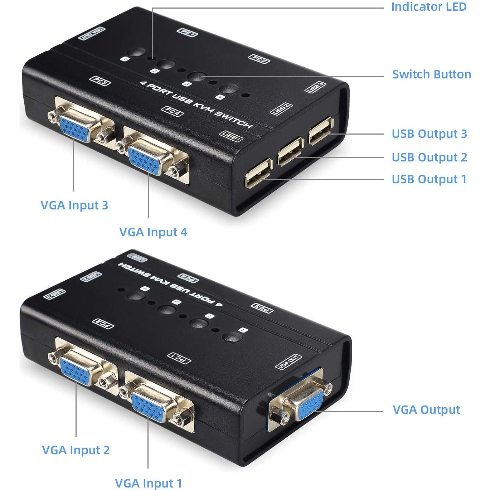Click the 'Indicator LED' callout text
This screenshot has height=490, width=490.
[428, 7]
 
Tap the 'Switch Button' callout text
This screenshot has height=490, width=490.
[431, 74]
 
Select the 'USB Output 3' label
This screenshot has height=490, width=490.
[429, 134]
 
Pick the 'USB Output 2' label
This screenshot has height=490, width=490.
[429, 157]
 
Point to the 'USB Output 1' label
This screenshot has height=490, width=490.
[429, 179]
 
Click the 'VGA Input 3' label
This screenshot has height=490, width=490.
[74, 205]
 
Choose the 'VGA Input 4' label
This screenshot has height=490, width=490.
[153, 232]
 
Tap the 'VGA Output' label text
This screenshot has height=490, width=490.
[426, 410]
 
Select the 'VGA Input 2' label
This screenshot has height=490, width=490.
[76, 450]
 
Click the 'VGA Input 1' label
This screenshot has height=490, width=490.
[148, 484]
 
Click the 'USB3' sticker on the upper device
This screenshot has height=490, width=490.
[315, 87]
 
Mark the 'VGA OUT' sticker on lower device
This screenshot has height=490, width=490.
[288, 362]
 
